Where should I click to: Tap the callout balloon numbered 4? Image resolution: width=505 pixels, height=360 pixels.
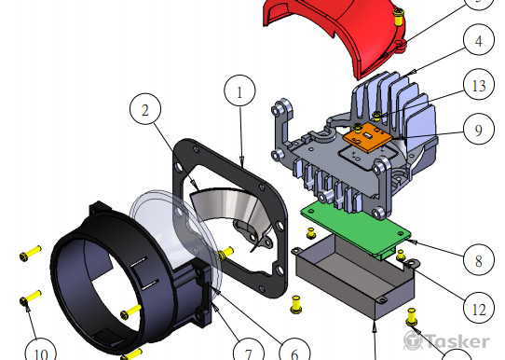pyautogui.click(x=479, y=40)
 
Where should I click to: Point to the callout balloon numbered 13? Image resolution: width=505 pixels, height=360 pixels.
pyautogui.click(x=479, y=85)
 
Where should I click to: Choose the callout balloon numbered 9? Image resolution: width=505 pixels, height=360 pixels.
pyautogui.click(x=479, y=130)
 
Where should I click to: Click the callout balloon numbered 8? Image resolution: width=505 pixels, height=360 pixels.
pyautogui.click(x=479, y=259)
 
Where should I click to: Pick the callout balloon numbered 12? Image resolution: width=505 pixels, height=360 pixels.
pyautogui.click(x=479, y=308)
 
